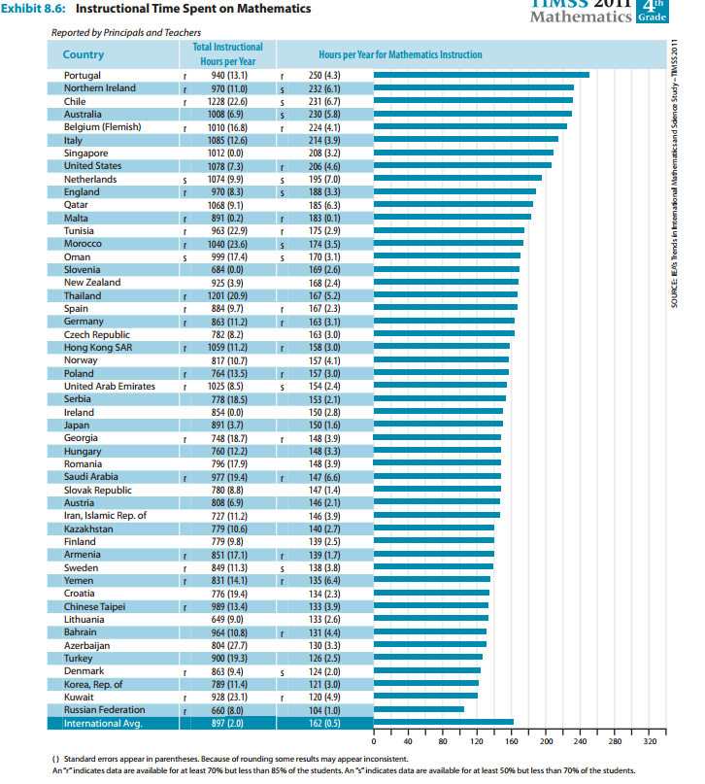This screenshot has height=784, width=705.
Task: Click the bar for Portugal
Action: [x=481, y=75]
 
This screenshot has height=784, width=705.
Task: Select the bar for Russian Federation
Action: [x=419, y=709]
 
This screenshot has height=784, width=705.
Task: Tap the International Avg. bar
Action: [x=444, y=722]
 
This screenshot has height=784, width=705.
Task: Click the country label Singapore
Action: [x=85, y=153]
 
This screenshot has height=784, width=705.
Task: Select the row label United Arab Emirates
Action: [x=109, y=386]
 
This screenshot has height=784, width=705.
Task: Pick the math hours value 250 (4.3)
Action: [x=323, y=75]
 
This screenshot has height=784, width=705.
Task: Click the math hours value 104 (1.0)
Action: [x=323, y=709]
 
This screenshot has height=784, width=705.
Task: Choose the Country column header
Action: [x=83, y=54]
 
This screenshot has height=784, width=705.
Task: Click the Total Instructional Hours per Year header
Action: [x=227, y=53]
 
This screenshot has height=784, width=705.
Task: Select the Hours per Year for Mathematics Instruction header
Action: [x=392, y=54]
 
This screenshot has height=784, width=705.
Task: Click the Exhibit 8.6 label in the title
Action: [x=35, y=9]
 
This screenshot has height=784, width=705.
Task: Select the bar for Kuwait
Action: [x=425, y=697]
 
